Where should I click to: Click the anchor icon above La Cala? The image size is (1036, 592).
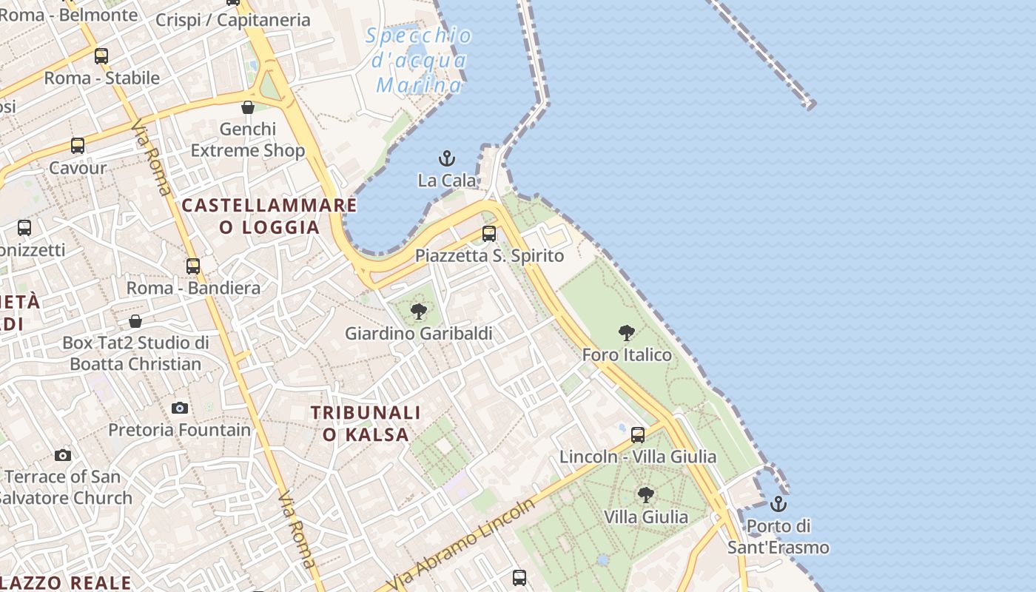(447, 158)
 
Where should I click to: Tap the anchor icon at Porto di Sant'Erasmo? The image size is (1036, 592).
(778, 504)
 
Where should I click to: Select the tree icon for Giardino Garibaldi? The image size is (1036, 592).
(419, 311)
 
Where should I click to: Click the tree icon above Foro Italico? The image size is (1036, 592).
(627, 333)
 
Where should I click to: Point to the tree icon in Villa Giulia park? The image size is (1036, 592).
(646, 494)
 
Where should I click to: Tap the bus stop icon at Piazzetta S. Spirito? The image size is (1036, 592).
(489, 234)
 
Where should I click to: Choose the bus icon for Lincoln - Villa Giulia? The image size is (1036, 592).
(638, 435)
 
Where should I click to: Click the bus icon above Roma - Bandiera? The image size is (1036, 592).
(193, 266)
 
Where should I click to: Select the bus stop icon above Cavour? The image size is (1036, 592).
(78, 146)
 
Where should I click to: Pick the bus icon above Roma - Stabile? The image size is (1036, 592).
(101, 56)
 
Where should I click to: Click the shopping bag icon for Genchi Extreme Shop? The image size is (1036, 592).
(248, 107)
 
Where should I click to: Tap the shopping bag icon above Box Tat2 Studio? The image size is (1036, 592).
(135, 321)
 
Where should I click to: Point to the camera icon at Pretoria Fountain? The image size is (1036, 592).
(180, 408)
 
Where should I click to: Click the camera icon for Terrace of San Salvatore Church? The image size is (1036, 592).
(63, 455)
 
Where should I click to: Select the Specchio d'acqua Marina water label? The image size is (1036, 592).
(419, 61)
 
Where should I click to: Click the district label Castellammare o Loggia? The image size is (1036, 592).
(269, 216)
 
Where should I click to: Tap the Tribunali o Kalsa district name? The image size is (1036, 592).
(366, 423)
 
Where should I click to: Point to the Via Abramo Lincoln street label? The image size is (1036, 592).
(461, 545)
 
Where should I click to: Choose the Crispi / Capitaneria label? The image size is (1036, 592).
(232, 20)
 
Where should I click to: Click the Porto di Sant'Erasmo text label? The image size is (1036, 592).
(778, 537)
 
